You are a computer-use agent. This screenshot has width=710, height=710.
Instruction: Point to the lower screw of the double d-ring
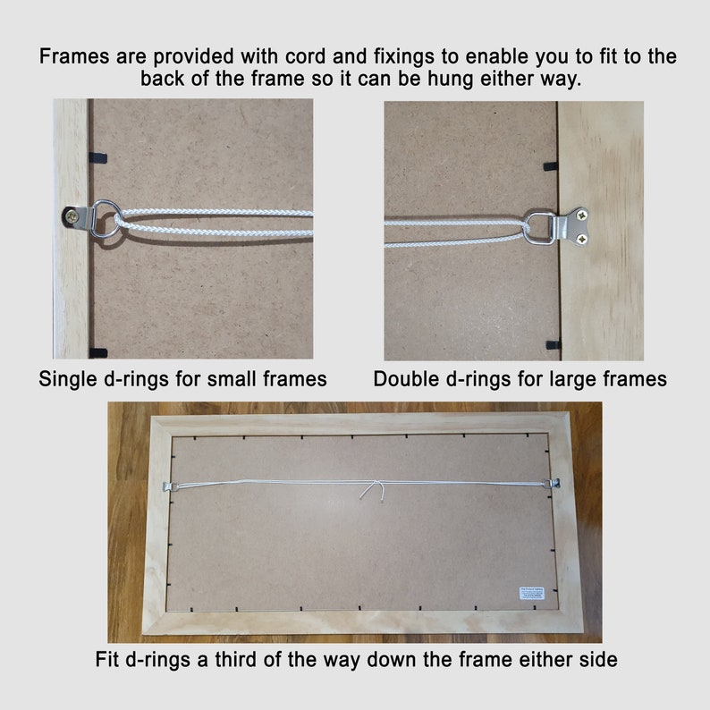point(583,238)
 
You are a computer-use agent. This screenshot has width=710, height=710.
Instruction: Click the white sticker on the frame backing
point(533,592)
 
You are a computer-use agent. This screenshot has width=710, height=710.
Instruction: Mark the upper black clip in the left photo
point(99,157)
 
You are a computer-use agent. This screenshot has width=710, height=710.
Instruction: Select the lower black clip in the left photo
point(98,351)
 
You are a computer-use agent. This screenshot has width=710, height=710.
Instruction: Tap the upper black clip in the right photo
point(550,166)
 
